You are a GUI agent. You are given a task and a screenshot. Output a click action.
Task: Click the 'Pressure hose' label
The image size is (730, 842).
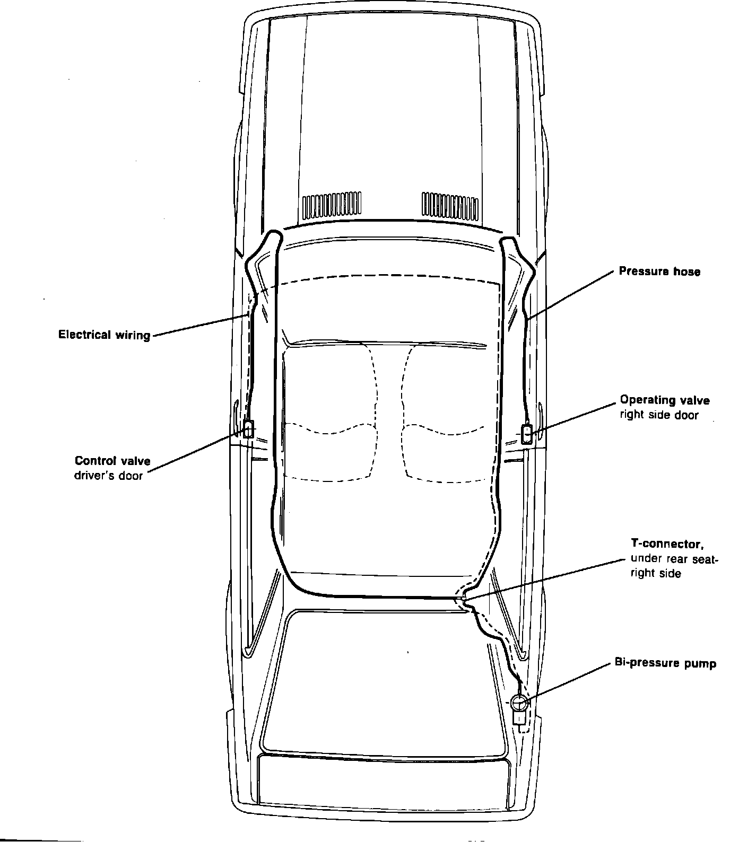click(x=659, y=271)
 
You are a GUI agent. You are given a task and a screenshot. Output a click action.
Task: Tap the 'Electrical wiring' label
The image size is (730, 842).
click(x=104, y=335)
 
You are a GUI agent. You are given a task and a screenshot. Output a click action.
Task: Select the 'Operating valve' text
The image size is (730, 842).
click(x=664, y=400)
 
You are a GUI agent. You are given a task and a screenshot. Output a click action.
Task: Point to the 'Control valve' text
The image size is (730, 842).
click(x=112, y=461)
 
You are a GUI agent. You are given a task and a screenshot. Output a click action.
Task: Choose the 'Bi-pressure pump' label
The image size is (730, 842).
click(x=665, y=663)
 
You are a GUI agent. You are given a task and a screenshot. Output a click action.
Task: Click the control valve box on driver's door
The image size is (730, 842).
click(x=248, y=428)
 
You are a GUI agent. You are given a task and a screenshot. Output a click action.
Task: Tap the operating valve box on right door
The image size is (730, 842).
click(x=527, y=433)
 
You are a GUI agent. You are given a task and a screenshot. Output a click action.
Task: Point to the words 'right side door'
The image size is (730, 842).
click(x=659, y=415)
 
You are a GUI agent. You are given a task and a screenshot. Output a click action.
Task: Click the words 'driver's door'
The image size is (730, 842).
click(x=108, y=476)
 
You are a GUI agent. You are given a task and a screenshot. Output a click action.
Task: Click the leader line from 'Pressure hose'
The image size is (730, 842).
click(x=573, y=294)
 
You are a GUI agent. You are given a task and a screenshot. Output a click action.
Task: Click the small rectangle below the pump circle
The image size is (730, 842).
click(x=519, y=718)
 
